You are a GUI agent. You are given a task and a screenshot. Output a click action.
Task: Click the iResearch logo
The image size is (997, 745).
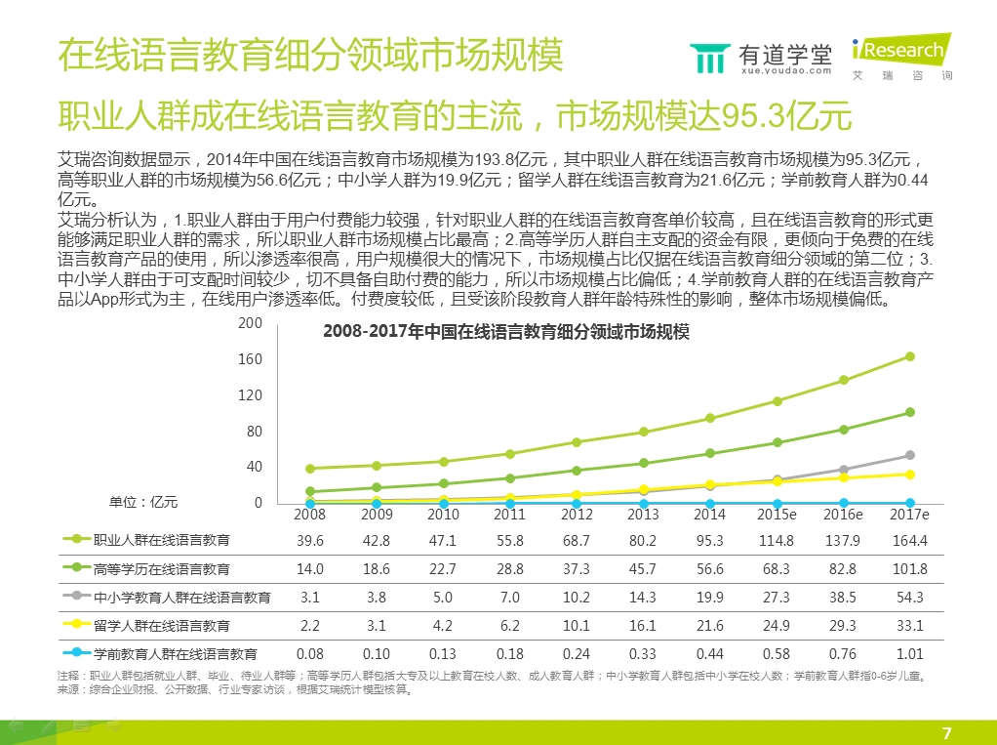[899, 57]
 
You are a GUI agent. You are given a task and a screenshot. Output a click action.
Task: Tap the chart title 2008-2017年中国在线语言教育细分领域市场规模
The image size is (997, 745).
[506, 332]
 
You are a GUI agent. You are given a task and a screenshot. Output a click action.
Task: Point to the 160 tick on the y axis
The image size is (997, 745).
[251, 359]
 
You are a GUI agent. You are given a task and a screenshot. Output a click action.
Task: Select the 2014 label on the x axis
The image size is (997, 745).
[709, 515]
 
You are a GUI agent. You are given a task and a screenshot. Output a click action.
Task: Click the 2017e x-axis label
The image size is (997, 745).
[910, 515]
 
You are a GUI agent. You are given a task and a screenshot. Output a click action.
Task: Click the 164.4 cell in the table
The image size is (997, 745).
[910, 540]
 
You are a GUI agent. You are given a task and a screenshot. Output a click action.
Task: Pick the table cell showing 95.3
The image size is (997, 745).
[709, 540]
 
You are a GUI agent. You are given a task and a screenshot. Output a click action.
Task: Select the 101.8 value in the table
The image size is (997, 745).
[910, 568]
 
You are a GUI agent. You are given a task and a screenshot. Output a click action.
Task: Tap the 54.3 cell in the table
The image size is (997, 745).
[910, 597]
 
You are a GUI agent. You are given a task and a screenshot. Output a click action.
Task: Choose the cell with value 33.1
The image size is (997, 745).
[910, 625]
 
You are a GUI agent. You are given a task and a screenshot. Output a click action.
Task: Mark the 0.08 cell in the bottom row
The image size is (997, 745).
[309, 653]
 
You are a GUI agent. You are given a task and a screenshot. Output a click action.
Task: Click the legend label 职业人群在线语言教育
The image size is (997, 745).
[161, 540]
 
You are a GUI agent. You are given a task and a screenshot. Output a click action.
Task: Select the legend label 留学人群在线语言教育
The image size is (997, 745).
[161, 625]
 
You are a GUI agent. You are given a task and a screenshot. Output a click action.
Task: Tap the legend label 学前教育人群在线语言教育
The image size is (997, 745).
[175, 653]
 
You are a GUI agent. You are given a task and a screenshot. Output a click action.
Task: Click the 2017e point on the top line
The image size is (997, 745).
[910, 356]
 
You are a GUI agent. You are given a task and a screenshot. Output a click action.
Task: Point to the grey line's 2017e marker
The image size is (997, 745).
[910, 455]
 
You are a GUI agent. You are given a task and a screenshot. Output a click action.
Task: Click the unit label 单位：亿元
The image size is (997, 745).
[143, 501]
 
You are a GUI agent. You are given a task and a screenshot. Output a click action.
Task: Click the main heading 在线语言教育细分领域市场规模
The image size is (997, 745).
[310, 56]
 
